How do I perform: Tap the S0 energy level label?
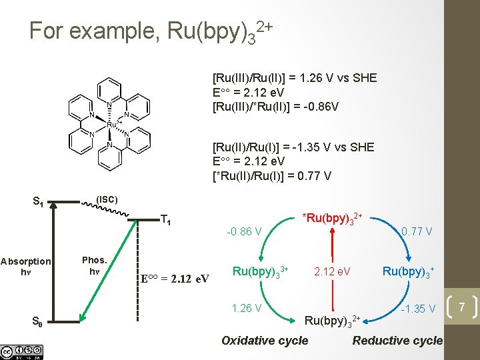(39, 323)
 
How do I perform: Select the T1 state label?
(166, 220)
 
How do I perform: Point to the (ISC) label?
(107, 199)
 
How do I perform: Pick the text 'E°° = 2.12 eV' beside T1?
(175, 277)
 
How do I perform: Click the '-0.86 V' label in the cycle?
(244, 232)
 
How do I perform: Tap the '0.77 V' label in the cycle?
(417, 232)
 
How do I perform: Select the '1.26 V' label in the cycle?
(246, 309)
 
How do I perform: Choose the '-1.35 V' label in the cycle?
(419, 309)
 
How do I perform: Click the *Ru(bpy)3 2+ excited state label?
(332, 219)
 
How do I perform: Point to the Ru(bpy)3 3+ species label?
(260, 271)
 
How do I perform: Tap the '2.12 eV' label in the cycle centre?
(332, 271)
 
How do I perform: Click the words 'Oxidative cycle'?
(265, 341)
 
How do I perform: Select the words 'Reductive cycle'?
(397, 341)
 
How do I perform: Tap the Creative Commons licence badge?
(21, 352)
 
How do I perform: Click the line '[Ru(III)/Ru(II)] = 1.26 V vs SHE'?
(294, 78)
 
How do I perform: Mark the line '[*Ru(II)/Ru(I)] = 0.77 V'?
(271, 176)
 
